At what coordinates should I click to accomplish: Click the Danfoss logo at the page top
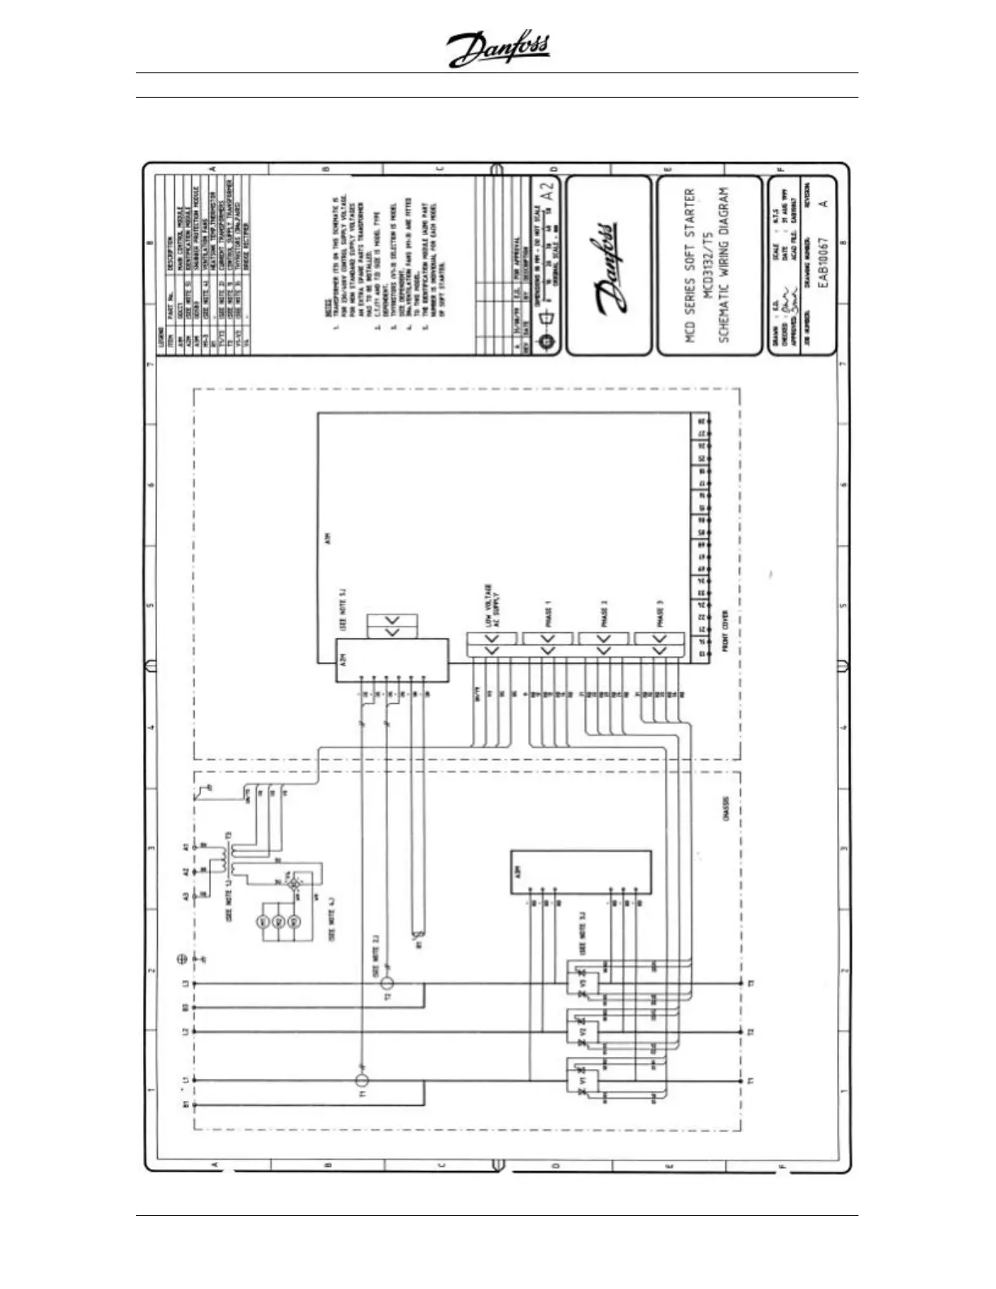pyautogui.click(x=498, y=50)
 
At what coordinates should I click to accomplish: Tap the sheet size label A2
pyautogui.click(x=548, y=191)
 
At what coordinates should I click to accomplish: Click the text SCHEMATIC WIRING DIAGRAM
pyautogui.click(x=723, y=265)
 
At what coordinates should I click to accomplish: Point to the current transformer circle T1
pyautogui.click(x=363, y=1080)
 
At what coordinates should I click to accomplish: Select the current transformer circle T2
pyautogui.click(x=387, y=983)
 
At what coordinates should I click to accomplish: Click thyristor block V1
pyautogui.click(x=583, y=1080)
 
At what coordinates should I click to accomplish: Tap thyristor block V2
pyautogui.click(x=583, y=1032)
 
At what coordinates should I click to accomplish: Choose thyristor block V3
pyautogui.click(x=583, y=984)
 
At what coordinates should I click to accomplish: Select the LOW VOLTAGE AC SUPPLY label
pyautogui.click(x=492, y=605)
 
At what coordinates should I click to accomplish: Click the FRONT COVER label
pyautogui.click(x=725, y=631)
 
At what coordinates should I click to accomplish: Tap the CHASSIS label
pyautogui.click(x=726, y=808)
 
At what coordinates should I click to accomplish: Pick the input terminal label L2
pyautogui.click(x=186, y=1032)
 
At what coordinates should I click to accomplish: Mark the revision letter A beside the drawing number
pyautogui.click(x=823, y=203)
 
